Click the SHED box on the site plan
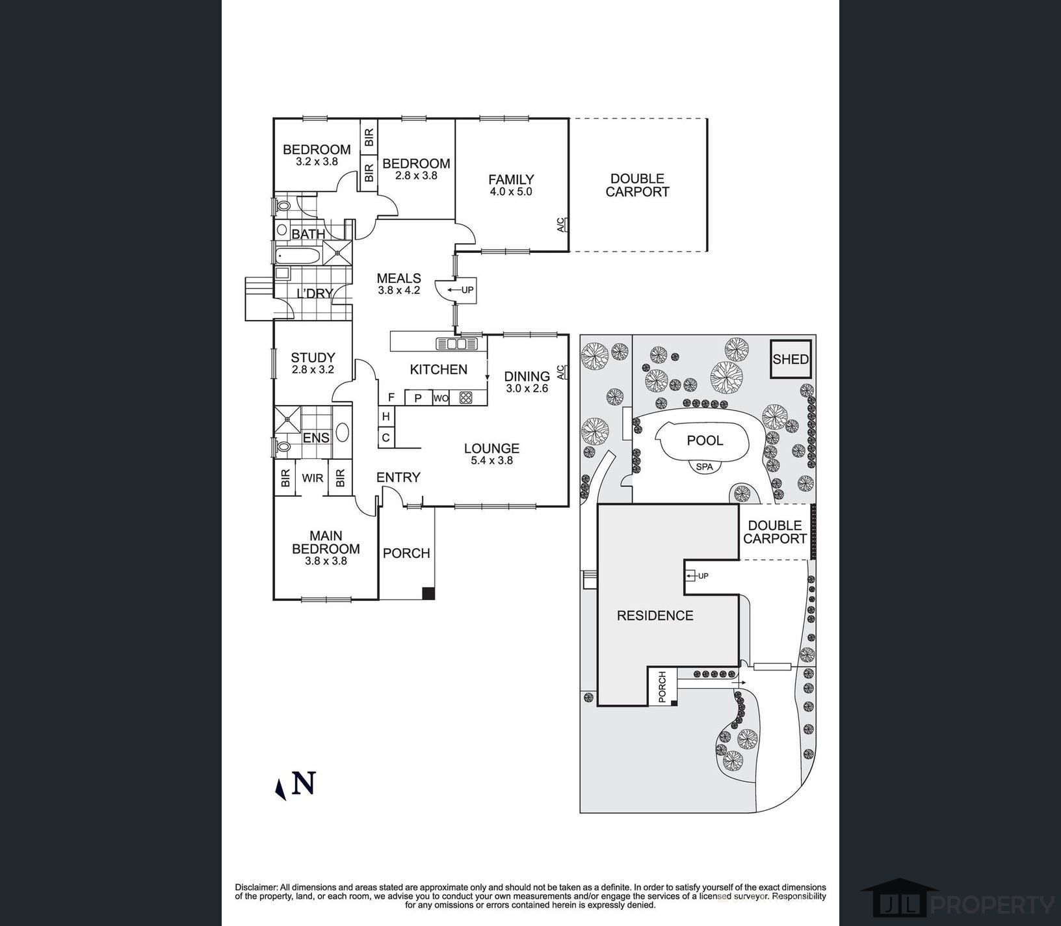click(x=791, y=359)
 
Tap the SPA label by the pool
click(x=703, y=467)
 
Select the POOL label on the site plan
click(x=705, y=441)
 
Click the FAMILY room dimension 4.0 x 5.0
click(x=511, y=192)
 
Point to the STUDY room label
click(x=313, y=358)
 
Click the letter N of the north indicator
click(x=304, y=783)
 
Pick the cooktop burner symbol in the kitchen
click(x=465, y=398)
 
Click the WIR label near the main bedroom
click(x=312, y=478)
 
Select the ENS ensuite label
click(x=316, y=438)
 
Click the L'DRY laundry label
click(x=315, y=294)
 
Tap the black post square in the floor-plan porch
click(x=428, y=593)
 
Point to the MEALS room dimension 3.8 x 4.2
click(x=399, y=291)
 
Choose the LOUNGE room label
click(x=491, y=448)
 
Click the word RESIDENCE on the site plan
click(x=655, y=615)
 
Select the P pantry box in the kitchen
click(x=418, y=398)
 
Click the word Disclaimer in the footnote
click(x=256, y=887)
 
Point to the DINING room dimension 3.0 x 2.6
click(x=527, y=388)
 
